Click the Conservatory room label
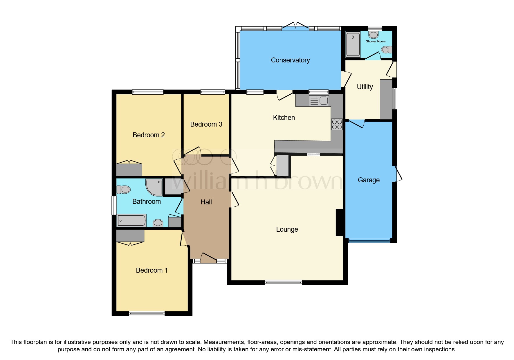pyautogui.click(x=290, y=60)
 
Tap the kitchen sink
pyautogui.click(x=319, y=101)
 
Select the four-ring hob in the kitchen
pyautogui.click(x=337, y=124)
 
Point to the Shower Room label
pyautogui.click(x=376, y=41)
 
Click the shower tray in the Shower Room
pyautogui.click(x=353, y=44)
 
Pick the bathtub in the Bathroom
pyautogui.click(x=131, y=220)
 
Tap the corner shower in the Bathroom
pyautogui.click(x=154, y=187)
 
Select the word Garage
pyautogui.click(x=369, y=180)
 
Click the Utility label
pyautogui.click(x=365, y=87)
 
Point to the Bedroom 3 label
pyautogui.click(x=206, y=124)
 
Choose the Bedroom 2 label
pyautogui.click(x=149, y=135)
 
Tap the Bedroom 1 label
pyautogui.click(x=152, y=270)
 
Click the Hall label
pyautogui.click(x=206, y=202)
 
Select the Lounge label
pyautogui.click(x=287, y=229)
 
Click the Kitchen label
pyautogui.click(x=284, y=118)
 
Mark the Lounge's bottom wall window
pyautogui.click(x=284, y=282)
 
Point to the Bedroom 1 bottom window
pyautogui.click(x=147, y=314)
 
